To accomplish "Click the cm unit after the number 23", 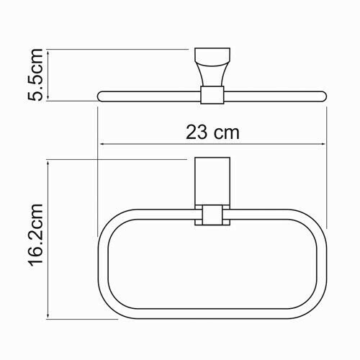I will (x=225, y=132).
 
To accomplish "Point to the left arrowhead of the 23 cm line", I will (x=102, y=145).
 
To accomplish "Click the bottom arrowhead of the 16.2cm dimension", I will (x=49, y=315).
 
